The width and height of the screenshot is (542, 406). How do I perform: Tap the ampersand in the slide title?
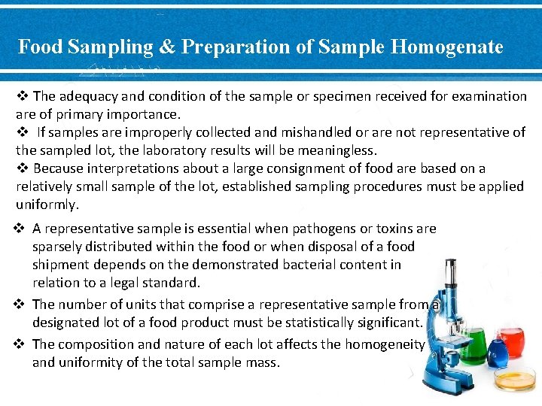click(x=166, y=47)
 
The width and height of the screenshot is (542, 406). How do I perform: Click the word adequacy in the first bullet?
click(x=84, y=96)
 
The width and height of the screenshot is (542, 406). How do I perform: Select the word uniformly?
click(x=47, y=205)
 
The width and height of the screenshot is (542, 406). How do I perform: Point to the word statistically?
click(x=317, y=323)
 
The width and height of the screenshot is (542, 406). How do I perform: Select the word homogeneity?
click(x=385, y=344)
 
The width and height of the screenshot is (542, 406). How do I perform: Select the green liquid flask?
click(x=473, y=344)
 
